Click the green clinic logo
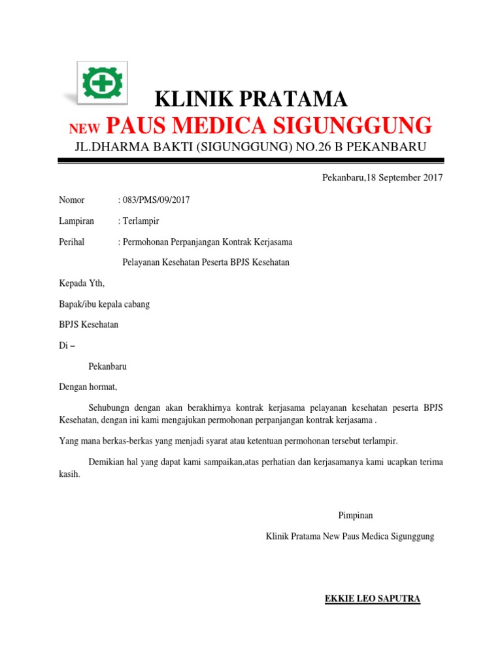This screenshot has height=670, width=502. tap(103, 83)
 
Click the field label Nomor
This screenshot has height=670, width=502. tap(72, 200)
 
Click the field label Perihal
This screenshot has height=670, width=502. tap(72, 242)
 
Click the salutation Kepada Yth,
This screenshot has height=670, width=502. tap(82, 283)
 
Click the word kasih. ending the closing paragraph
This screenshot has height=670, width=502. tap(69, 474)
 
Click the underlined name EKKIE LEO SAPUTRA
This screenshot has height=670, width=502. tap(373, 599)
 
